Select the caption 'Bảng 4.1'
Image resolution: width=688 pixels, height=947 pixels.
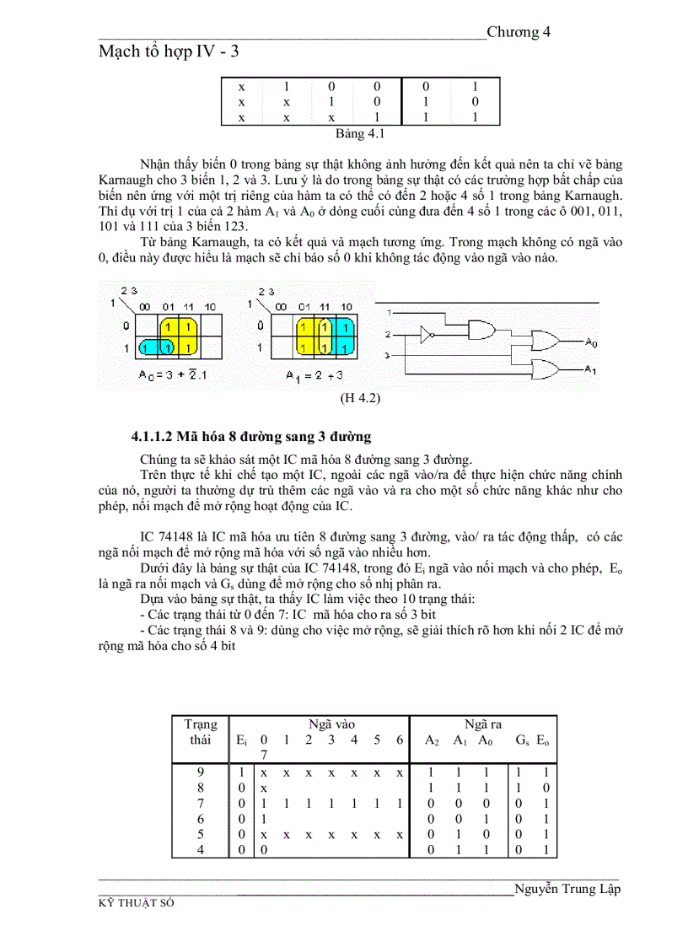(x=360, y=133)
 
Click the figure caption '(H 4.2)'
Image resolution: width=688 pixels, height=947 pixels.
(x=360, y=398)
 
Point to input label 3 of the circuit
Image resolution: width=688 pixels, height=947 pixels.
(x=386, y=356)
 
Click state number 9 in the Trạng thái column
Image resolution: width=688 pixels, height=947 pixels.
(x=201, y=772)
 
